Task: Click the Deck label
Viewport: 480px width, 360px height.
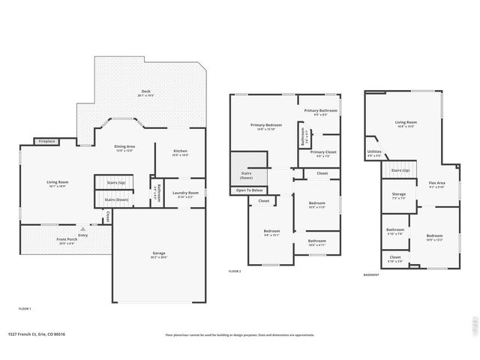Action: point(145,91)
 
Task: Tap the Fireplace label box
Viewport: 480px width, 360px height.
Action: point(47,141)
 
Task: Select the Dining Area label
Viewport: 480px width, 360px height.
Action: point(124,146)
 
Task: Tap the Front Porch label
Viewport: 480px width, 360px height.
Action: point(66,239)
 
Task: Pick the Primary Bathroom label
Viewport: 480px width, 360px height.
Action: point(320,110)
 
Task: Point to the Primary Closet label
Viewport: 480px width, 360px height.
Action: point(323,152)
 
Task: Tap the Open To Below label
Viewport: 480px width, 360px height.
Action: point(248,190)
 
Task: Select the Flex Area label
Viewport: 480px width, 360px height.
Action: point(436,183)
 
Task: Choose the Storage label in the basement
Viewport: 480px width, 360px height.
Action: point(398,194)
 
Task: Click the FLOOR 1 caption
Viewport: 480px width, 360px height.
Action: point(25,308)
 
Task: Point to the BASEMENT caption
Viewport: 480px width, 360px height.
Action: point(371,274)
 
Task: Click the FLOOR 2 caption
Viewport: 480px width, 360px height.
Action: point(235,271)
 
